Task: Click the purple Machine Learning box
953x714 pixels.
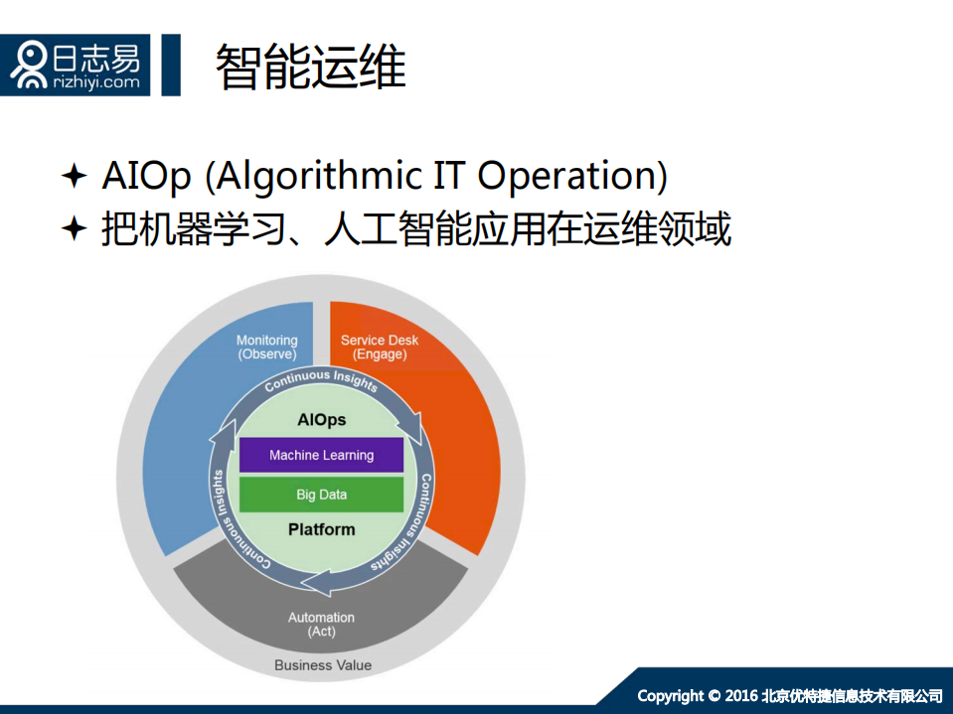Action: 321,455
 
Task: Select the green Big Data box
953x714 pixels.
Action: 321,494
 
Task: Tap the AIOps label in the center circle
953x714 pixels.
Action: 322,419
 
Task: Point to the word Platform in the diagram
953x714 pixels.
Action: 321,529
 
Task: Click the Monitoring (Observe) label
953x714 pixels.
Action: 266,348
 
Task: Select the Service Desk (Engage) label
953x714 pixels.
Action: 380,348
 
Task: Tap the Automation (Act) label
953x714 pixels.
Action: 321,625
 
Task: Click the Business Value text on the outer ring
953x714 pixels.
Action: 323,665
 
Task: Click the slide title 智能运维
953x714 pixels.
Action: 311,68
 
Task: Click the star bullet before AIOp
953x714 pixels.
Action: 75,177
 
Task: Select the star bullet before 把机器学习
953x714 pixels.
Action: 75,230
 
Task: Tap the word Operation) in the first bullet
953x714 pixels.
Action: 572,177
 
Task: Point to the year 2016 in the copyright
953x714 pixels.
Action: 741,695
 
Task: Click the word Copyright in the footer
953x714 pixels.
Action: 670,695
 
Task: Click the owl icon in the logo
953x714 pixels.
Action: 30,65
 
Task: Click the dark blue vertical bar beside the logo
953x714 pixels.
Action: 171,65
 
